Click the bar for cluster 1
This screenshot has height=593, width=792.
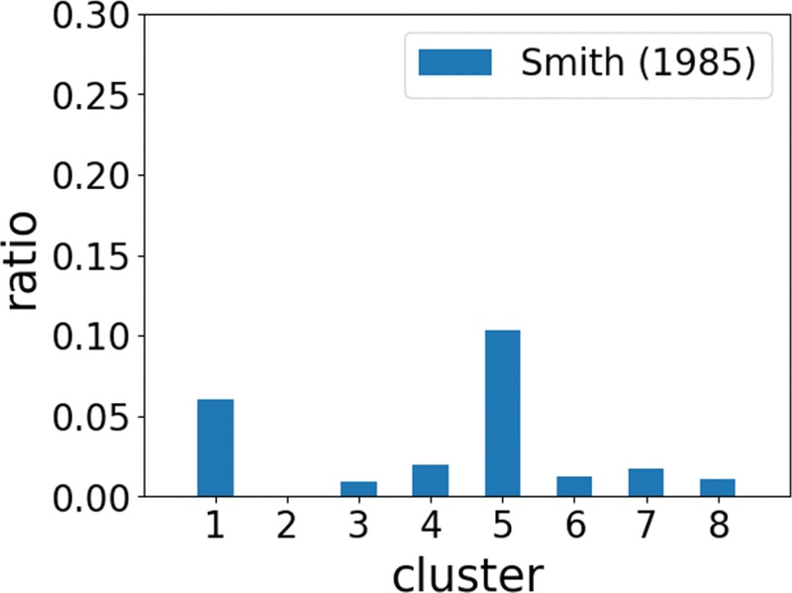click(215, 447)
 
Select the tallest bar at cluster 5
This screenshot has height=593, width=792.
click(502, 413)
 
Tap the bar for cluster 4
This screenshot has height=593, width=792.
click(431, 480)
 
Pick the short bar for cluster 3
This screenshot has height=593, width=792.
click(358, 488)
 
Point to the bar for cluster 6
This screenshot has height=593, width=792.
click(574, 486)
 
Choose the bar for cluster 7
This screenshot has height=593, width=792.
click(645, 482)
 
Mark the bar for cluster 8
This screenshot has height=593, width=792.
click(718, 487)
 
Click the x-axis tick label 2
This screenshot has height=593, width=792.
click(287, 525)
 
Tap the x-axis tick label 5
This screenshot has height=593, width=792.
click(502, 525)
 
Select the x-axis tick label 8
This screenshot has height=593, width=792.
click(718, 525)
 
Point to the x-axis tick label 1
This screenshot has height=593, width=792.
click(215, 525)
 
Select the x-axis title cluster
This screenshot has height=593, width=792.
click(466, 572)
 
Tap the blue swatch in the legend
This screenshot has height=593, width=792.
click(454, 62)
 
